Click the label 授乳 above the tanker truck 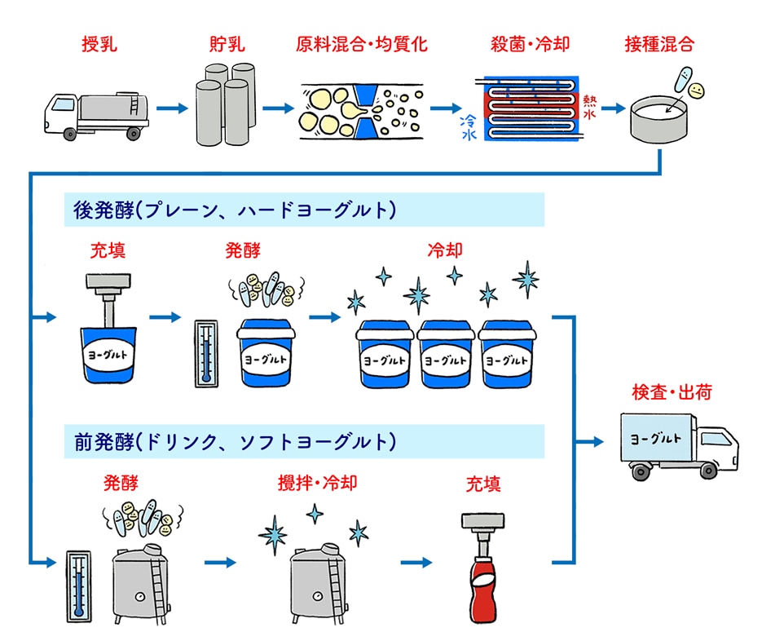pos(99,43)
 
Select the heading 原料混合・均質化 pos(362,43)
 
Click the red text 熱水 pos(588,107)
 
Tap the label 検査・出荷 pos(672,392)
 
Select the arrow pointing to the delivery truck pos(592,442)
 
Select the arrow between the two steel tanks pos(220,563)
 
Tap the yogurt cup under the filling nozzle pos(109,355)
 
